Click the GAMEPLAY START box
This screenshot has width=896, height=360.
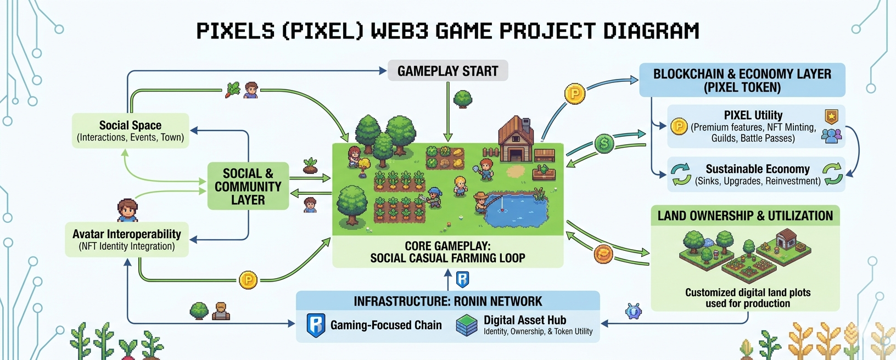coord(447,71)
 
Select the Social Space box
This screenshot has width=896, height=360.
coord(130,131)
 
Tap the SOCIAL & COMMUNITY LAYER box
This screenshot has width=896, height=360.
coord(248,187)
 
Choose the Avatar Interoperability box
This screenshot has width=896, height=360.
coord(127,240)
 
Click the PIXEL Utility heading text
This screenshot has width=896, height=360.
coord(753,115)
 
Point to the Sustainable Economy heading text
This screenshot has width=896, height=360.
coord(758,169)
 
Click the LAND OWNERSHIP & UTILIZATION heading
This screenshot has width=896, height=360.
coord(745,216)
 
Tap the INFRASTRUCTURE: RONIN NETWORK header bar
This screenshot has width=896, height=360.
coord(447,301)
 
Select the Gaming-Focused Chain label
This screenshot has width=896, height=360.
coord(386,325)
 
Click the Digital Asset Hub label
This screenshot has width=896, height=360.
coord(524,320)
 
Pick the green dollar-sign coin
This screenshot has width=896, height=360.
coord(604,144)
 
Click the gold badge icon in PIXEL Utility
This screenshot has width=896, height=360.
coord(831,116)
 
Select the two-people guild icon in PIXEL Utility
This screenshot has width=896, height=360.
coord(831,136)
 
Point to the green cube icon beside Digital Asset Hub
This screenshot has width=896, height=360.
coord(467,325)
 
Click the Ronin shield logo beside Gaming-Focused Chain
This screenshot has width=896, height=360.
coord(316,325)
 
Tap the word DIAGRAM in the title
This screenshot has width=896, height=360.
coord(651,31)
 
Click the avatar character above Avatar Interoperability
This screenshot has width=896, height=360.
coord(127,210)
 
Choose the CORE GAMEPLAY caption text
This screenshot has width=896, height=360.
coord(447,252)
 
